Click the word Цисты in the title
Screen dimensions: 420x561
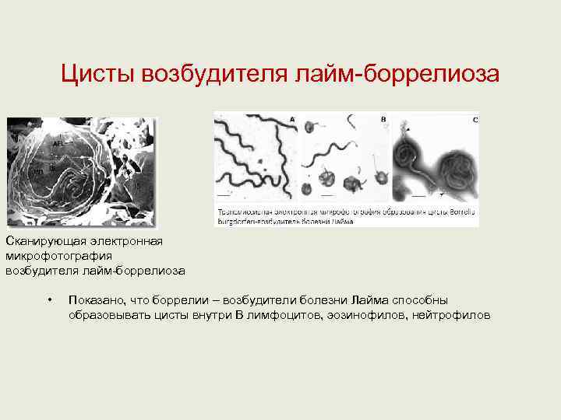[x=98, y=75]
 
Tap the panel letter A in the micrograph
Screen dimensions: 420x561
[x=292, y=119]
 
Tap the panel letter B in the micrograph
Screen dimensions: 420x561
[x=383, y=119]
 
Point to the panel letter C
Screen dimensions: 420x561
[x=475, y=120]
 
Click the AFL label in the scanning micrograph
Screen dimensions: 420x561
[x=58, y=144]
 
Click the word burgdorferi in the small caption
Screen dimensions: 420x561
[x=240, y=221]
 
